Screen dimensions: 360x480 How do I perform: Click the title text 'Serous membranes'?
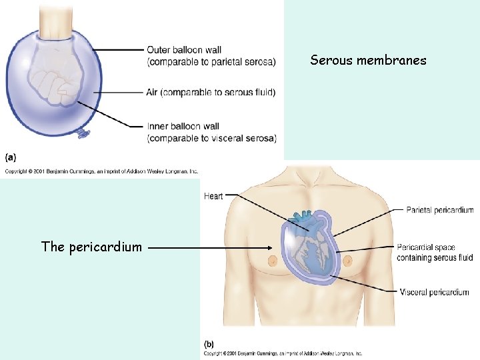tap(368, 61)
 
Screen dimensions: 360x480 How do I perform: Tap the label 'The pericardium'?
tap(91, 247)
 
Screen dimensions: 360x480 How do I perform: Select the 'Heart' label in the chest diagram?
tap(213, 196)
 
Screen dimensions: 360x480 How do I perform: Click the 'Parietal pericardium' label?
tap(439, 210)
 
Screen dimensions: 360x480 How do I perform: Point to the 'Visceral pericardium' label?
tap(434, 292)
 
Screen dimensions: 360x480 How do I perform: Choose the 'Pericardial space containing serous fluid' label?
tap(435, 253)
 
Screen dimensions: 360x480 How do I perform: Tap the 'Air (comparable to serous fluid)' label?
tap(211, 92)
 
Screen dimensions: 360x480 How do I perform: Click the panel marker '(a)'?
tap(11, 157)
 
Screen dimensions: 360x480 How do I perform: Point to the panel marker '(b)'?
tap(209, 344)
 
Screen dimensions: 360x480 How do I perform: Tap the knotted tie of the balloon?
tap(83, 134)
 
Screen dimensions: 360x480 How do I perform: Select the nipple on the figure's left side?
tap(273, 261)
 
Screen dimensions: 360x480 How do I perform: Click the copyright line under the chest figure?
tap(283, 353)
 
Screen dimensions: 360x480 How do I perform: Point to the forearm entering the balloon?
tap(56, 23)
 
